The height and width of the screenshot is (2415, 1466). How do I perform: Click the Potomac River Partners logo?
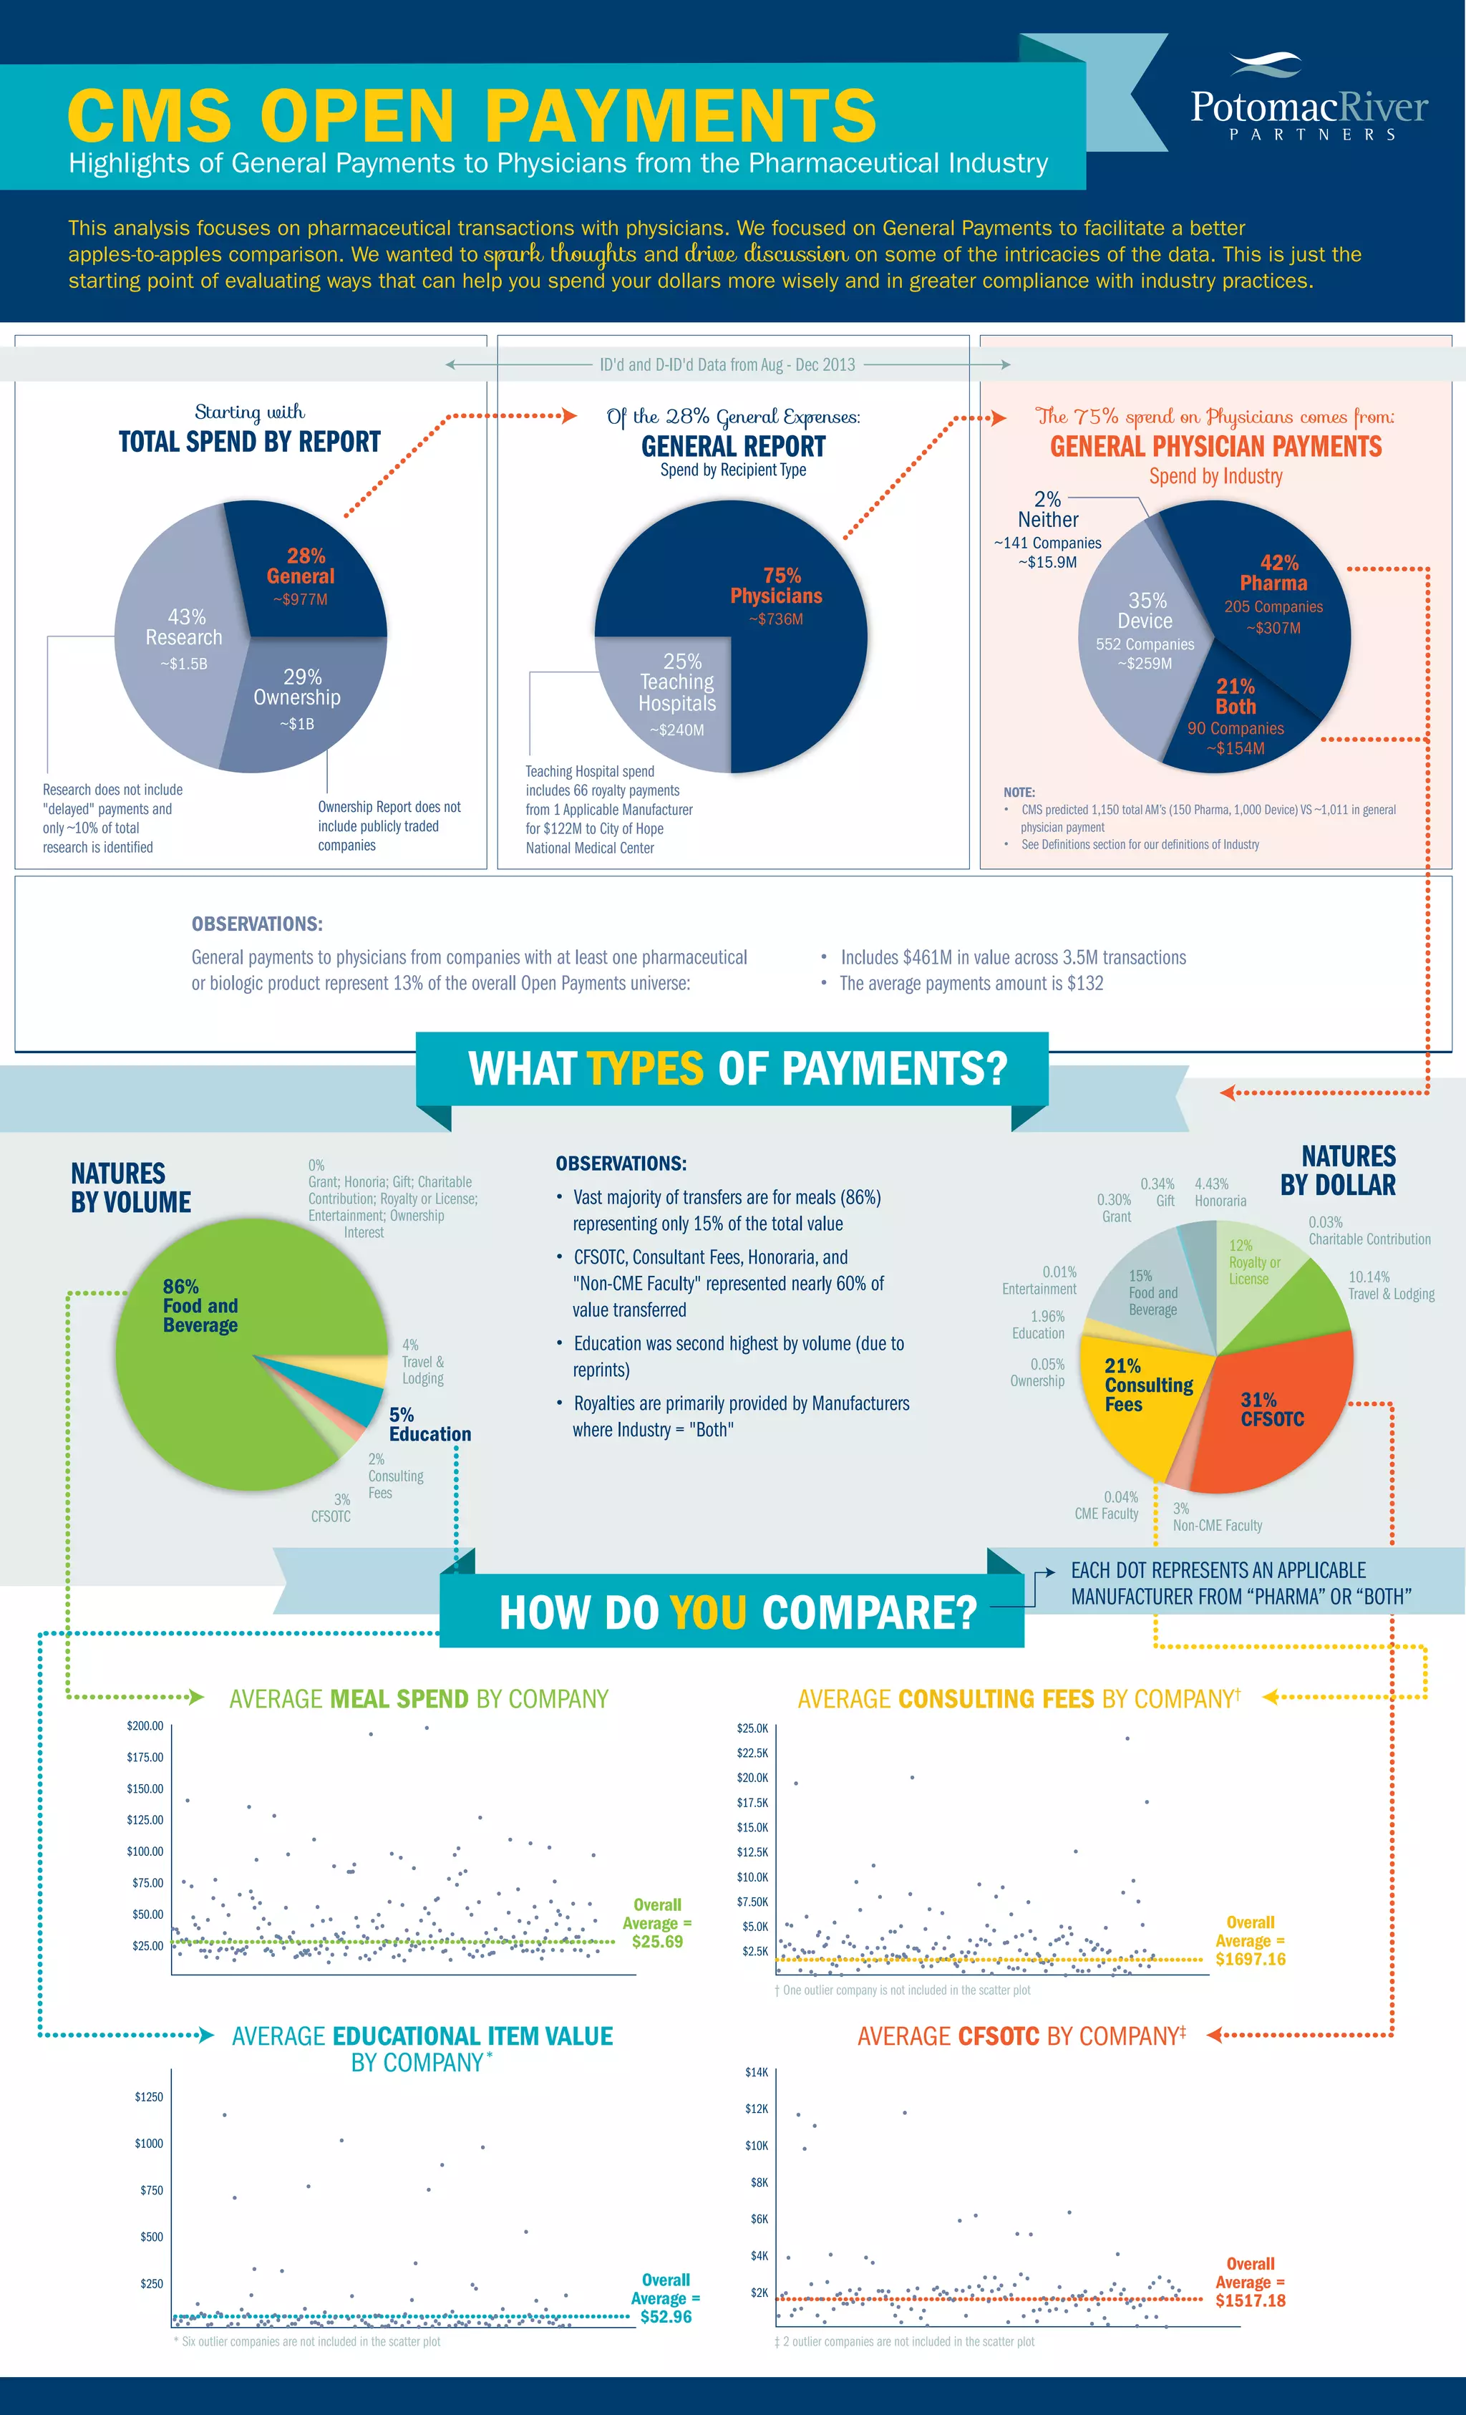1309,99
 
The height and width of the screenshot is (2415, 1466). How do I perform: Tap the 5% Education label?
429,1424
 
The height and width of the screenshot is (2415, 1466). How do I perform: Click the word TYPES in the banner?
645,1068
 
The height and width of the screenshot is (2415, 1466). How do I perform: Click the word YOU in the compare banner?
707,1612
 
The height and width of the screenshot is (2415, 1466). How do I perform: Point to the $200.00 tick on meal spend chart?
145,1726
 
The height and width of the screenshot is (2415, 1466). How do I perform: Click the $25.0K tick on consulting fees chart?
752,1728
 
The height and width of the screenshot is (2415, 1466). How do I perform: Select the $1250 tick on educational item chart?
149,2096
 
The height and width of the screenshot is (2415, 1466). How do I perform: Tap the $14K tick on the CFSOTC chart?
757,2072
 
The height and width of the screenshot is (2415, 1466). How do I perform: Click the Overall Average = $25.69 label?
656,1923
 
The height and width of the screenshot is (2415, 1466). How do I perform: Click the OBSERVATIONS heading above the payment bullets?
621,1163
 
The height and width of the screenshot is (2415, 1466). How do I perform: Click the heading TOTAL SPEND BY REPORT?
249,442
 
